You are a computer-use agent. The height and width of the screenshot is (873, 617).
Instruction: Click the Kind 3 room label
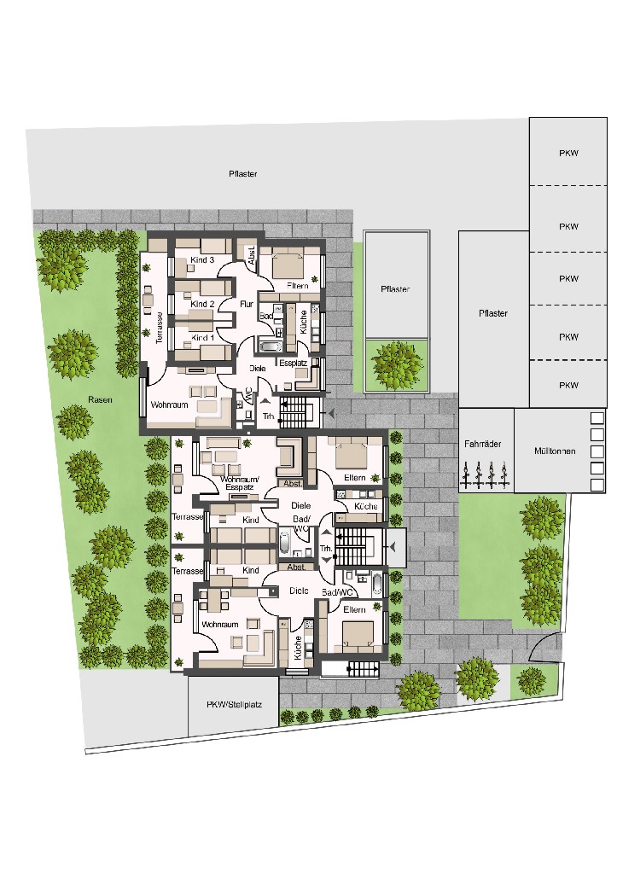202,260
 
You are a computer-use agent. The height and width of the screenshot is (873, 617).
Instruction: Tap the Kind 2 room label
202,304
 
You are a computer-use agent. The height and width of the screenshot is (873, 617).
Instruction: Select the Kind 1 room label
202,337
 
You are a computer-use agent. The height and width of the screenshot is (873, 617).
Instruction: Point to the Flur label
246,304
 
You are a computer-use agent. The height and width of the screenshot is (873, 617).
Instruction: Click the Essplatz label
293,363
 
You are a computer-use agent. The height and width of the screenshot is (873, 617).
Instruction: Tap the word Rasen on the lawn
100,399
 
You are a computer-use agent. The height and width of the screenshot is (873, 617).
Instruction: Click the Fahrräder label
483,444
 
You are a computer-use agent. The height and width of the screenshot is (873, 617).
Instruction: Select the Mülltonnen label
555,451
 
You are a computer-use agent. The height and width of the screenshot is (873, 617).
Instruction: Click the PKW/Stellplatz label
234,704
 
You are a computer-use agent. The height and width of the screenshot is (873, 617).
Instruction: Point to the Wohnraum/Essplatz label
240,483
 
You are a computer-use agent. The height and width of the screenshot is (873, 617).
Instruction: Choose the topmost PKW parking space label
568,153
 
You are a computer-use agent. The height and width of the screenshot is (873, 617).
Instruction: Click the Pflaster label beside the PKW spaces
493,313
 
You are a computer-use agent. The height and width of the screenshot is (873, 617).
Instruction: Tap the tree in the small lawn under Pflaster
395,365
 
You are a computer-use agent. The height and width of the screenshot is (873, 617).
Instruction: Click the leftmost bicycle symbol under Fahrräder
466,474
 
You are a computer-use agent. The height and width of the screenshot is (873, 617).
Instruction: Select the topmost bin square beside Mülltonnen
597,418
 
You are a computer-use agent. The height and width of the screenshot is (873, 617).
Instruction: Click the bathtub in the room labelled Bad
271,346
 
